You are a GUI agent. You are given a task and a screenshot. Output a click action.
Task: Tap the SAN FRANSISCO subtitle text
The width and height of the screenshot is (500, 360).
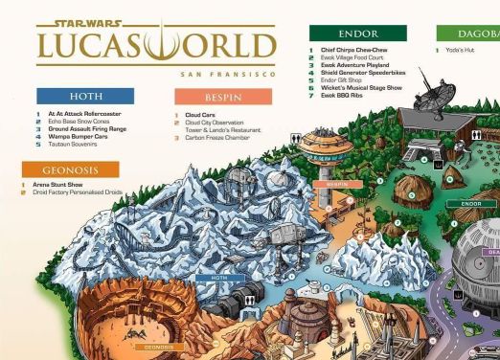click(227, 74)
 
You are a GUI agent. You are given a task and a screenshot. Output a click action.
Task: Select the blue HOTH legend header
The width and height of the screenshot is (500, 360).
click(85, 97)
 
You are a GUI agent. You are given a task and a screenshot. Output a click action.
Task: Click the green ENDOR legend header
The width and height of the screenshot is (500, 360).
click(358, 34)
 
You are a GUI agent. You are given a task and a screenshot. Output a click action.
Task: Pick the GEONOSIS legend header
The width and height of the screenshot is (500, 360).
click(71, 169)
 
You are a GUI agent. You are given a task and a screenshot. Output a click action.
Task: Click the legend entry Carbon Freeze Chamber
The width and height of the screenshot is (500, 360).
click(219, 137)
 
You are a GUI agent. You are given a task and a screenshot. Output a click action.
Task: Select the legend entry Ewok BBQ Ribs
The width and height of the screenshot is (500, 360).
click(343, 95)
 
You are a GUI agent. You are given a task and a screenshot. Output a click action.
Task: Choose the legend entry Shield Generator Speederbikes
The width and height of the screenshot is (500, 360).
click(363, 72)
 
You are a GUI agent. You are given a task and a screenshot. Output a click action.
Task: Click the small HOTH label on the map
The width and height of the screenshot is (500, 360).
click(219, 278)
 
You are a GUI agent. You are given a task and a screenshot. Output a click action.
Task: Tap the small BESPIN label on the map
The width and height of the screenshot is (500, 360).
click(337, 184)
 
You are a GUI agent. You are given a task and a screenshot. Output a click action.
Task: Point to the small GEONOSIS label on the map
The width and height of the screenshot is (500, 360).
click(158, 347)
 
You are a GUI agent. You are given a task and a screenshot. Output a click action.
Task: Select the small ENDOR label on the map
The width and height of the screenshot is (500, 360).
click(471, 203)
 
